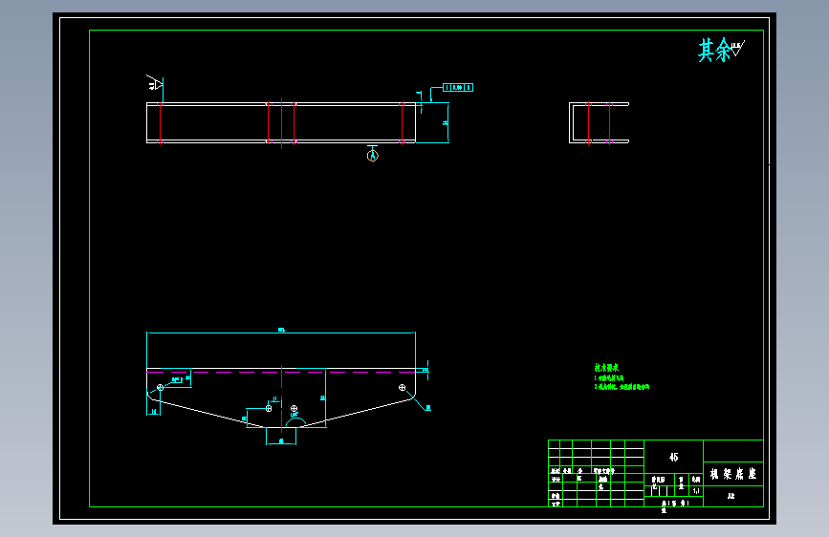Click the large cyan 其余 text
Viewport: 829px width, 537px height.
tap(714, 51)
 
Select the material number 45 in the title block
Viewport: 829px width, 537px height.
tap(674, 457)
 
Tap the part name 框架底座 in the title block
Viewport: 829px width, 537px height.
tap(733, 473)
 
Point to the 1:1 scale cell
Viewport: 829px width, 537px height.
tap(695, 491)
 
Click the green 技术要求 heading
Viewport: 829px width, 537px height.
tap(607, 367)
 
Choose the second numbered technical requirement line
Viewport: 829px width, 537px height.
tap(622, 387)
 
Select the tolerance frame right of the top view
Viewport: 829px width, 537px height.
tap(458, 88)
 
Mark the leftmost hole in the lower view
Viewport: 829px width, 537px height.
tap(161, 388)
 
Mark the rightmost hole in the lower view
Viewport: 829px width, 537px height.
tap(403, 388)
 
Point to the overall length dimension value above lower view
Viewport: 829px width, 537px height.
tap(281, 331)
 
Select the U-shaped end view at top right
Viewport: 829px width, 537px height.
tap(599, 122)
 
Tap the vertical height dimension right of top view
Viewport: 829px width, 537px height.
tap(446, 122)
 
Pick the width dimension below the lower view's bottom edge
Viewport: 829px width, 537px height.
tap(281, 441)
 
